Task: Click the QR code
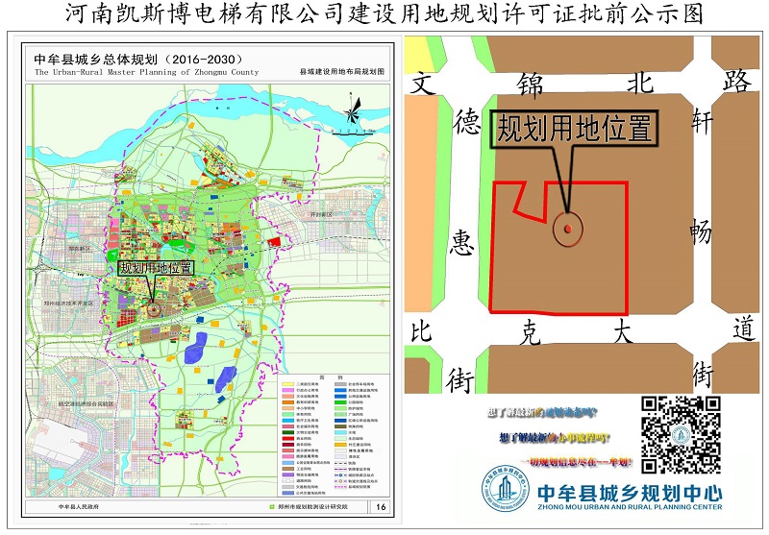click(682, 434)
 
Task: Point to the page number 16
click(381, 507)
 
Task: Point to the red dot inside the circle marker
click(568, 229)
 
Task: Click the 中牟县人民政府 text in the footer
click(80, 507)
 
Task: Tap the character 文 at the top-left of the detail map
click(420, 83)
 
